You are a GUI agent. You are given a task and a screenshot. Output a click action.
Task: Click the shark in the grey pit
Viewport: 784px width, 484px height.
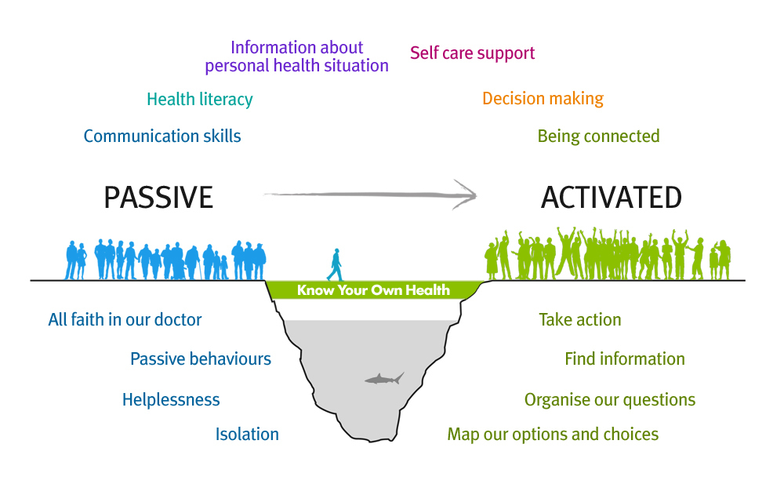tap(383, 379)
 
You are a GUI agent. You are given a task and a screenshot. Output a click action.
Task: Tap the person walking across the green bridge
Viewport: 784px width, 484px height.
tap(336, 265)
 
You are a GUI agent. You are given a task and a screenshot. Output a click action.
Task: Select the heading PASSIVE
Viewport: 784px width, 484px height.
tap(158, 197)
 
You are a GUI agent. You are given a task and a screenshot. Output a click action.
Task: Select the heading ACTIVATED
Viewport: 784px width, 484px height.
tap(612, 197)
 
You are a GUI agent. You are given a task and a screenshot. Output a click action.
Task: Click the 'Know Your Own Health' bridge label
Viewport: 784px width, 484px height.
tap(373, 290)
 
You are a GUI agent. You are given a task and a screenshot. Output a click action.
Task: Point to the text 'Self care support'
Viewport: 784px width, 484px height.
tap(473, 53)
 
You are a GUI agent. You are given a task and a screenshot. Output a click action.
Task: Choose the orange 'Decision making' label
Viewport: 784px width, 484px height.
tap(543, 99)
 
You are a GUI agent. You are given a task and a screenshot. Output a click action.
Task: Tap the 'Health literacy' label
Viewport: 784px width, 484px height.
tap(200, 99)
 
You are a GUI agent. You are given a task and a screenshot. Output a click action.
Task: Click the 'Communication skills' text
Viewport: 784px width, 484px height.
tap(162, 136)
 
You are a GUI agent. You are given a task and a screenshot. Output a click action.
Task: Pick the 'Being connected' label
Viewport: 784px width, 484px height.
tap(598, 136)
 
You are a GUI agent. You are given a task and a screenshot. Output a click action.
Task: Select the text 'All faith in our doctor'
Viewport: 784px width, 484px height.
tap(125, 319)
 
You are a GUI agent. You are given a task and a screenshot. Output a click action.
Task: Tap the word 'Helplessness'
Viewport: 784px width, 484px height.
tap(171, 399)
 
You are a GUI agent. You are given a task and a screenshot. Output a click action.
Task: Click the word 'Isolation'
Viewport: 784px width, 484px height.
tap(247, 434)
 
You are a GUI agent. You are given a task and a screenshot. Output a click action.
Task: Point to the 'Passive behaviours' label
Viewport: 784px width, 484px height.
tap(201, 358)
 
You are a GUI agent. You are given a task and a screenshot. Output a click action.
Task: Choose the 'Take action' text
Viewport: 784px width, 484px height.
tap(580, 319)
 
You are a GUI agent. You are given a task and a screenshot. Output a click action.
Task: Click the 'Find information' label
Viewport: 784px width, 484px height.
tap(625, 358)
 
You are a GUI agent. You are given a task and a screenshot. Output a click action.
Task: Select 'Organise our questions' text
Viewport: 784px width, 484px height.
tap(610, 400)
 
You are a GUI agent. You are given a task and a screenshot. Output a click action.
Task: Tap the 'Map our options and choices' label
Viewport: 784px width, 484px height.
tap(553, 435)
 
